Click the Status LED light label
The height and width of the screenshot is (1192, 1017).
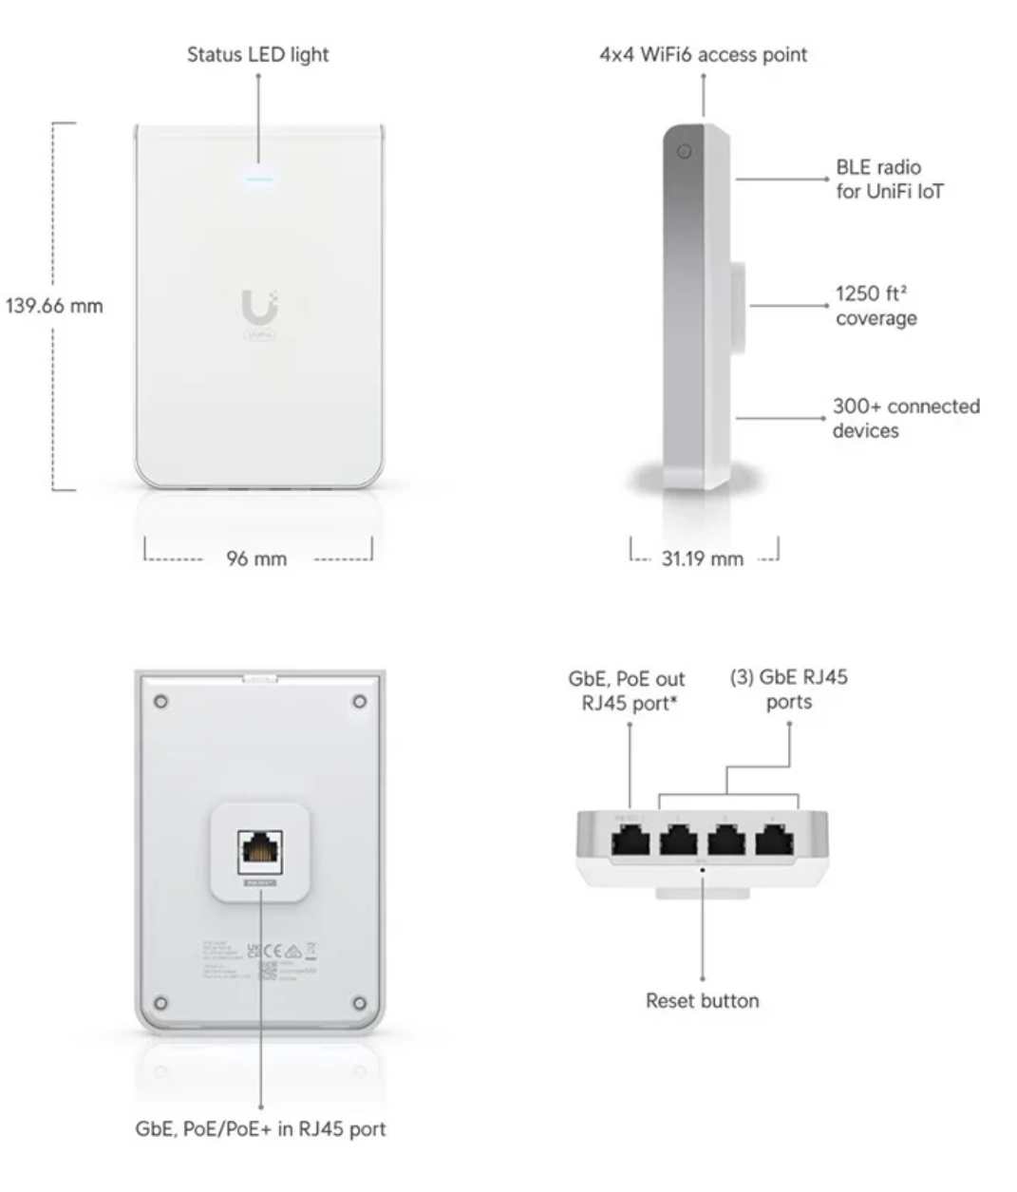tap(257, 55)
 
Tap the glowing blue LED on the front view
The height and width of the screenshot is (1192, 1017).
tap(258, 179)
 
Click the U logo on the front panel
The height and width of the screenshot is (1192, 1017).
tap(258, 308)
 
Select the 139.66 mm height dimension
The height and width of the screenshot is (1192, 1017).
tap(54, 306)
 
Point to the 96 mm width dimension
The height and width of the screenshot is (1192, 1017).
tap(256, 558)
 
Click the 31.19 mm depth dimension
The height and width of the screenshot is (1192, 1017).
tap(703, 558)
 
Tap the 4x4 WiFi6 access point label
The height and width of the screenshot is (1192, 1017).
tap(703, 55)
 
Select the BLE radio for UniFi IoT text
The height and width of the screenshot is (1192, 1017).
tap(889, 180)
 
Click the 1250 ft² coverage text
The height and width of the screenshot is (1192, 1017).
tap(876, 306)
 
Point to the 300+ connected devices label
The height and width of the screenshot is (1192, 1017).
tap(905, 418)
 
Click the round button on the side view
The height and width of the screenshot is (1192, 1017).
tap(684, 152)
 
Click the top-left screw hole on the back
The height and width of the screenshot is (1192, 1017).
tap(161, 702)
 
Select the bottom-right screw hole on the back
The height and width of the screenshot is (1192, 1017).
tap(359, 1003)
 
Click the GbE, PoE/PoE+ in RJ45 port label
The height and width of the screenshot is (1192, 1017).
tap(260, 1129)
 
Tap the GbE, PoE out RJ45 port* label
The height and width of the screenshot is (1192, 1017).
tap(627, 691)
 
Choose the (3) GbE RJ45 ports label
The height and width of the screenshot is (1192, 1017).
tap(789, 690)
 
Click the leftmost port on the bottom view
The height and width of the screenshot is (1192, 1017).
tap(631, 840)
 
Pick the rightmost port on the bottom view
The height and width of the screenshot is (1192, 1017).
tap(775, 840)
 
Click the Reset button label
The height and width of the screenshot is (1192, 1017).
tap(702, 1000)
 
